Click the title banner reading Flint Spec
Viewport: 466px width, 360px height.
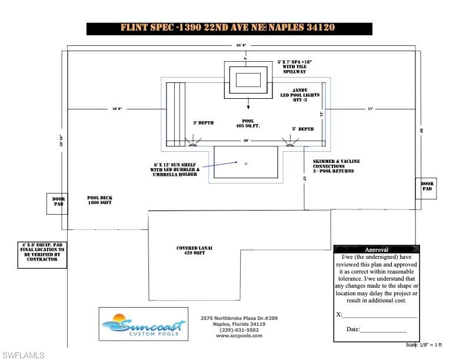[x=229, y=28]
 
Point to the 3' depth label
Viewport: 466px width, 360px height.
[x=203, y=123]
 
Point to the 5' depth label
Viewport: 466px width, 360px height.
[x=303, y=129]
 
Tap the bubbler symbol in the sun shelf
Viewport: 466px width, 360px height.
[x=246, y=163]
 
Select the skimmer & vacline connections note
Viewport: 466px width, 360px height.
[x=333, y=166]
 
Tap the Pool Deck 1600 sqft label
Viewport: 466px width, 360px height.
[x=99, y=200]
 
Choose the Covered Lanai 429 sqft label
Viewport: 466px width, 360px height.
[x=194, y=251]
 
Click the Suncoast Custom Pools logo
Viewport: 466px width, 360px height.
[x=143, y=324]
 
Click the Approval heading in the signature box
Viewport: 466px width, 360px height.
[x=376, y=249]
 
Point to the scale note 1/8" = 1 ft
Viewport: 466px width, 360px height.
[x=424, y=345]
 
